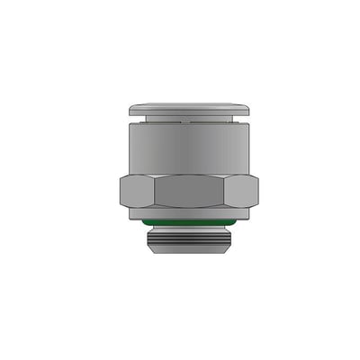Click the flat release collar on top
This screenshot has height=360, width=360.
pyautogui.click(x=188, y=110)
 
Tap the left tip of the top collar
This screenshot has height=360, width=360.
pyautogui.click(x=130, y=110)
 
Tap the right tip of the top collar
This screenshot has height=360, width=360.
pyautogui.click(x=248, y=110)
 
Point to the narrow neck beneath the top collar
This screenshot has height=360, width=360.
pyautogui.click(x=188, y=120)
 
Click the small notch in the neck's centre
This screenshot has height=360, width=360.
pyautogui.click(x=188, y=119)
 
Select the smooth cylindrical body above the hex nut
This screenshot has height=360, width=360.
pyautogui.click(x=188, y=148)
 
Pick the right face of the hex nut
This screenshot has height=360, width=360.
pyautogui.click(x=240, y=191)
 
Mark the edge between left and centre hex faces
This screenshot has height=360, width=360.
pyautogui.click(x=154, y=191)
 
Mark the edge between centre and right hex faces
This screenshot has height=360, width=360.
pyautogui.click(x=224, y=191)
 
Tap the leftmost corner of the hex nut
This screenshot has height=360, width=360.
pyautogui.click(x=120, y=191)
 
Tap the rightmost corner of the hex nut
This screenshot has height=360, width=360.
pyautogui.click(x=258, y=191)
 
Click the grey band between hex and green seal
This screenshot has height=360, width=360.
pyautogui.click(x=188, y=212)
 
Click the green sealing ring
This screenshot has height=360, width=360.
pyautogui.click(x=188, y=220)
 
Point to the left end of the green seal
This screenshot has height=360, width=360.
pyautogui.click(x=143, y=220)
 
